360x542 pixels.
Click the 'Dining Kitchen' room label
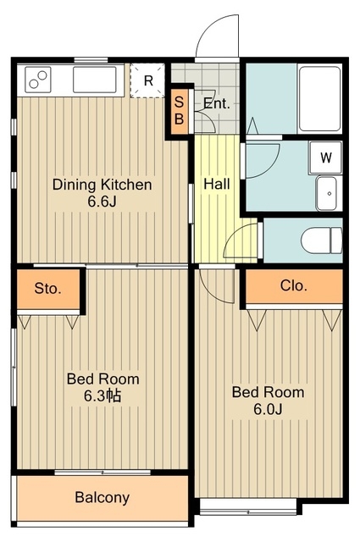click(102, 185)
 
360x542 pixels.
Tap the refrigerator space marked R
click(147, 80)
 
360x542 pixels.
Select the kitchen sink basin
click(95, 80)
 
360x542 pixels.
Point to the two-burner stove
click(38, 80)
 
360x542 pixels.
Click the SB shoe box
click(179, 111)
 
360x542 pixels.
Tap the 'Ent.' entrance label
click(217, 103)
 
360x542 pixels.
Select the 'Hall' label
click(217, 184)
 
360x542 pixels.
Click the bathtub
click(320, 98)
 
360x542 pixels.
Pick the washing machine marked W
click(326, 158)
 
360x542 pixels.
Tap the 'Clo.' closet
click(294, 286)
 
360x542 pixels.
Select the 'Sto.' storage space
click(48, 289)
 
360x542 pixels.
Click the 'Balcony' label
click(102, 497)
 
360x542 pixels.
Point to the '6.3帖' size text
click(102, 396)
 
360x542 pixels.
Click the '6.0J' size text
click(268, 409)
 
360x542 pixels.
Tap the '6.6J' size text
click(102, 202)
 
